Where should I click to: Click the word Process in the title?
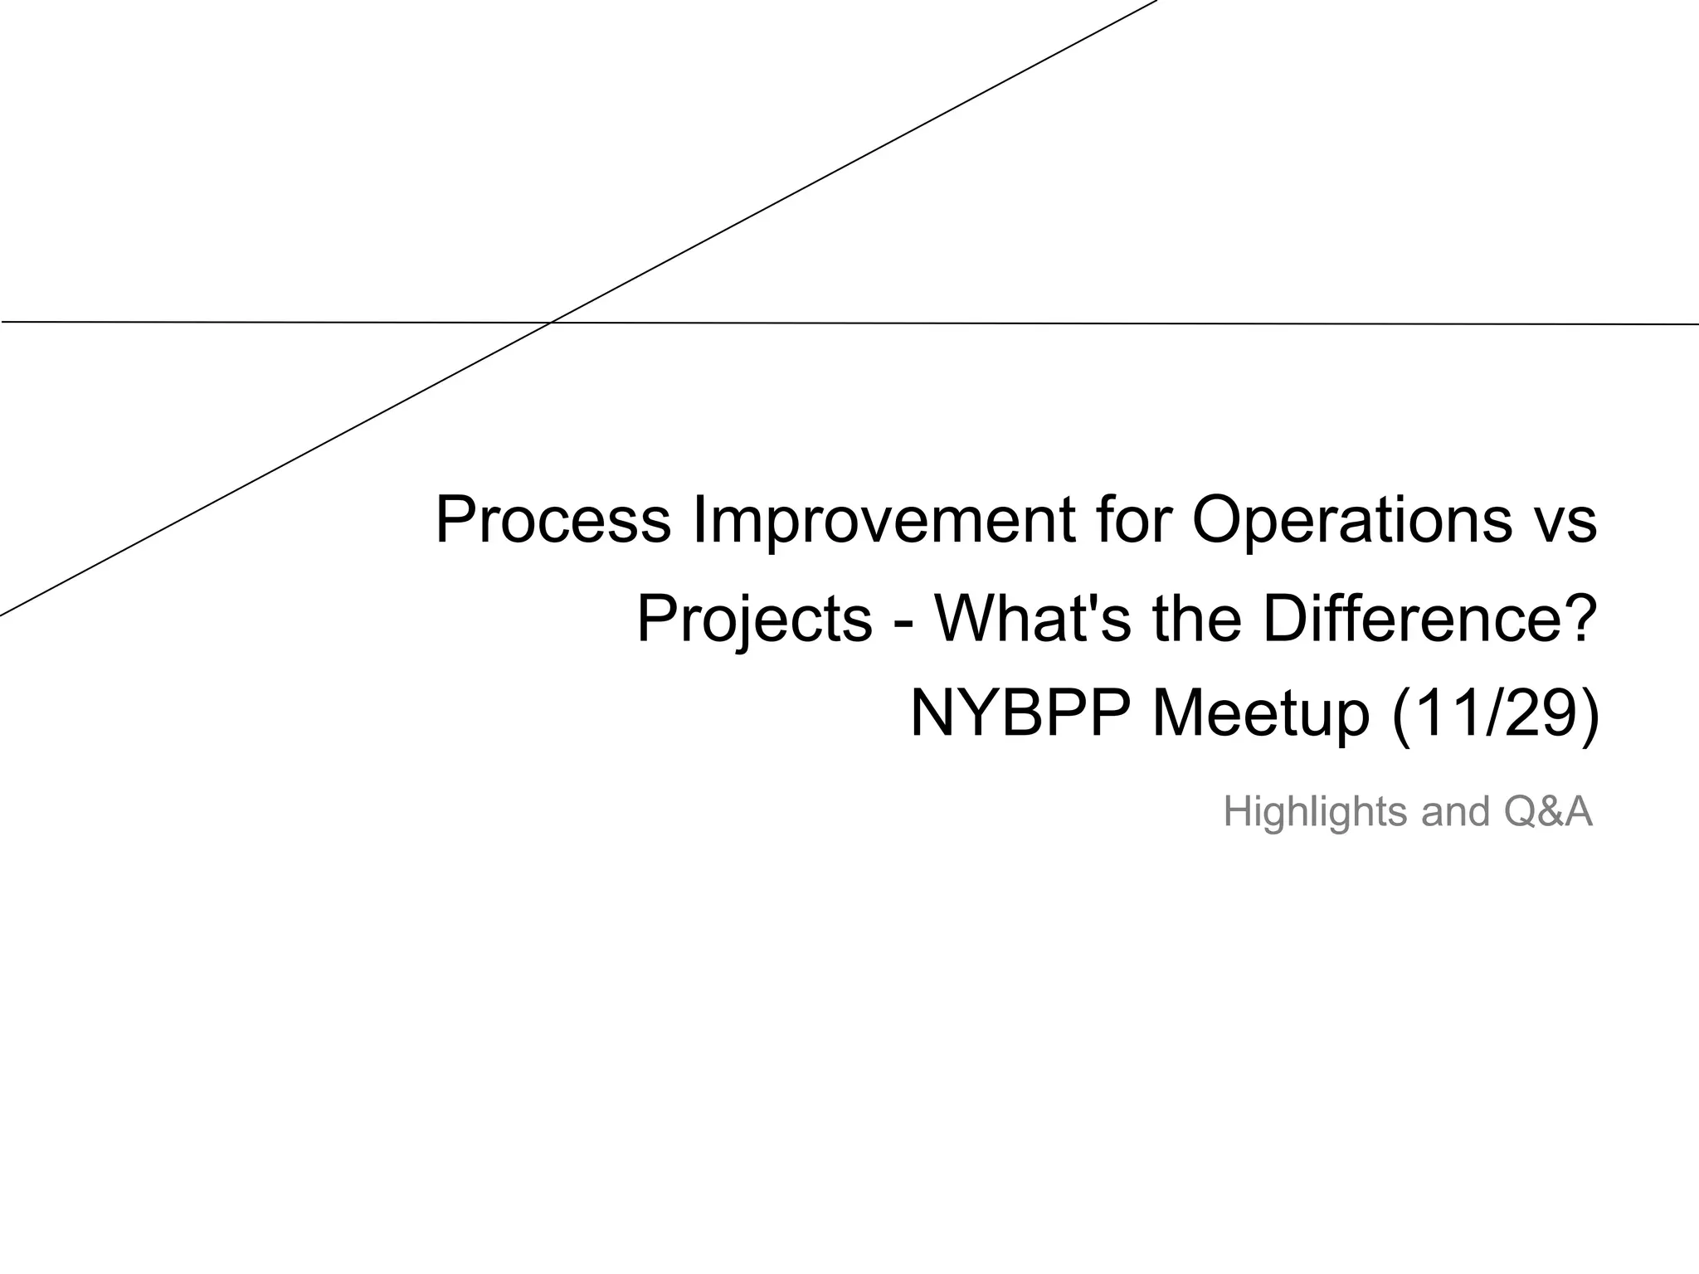(553, 521)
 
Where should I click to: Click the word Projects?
(754, 620)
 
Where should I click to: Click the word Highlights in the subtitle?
(1315, 812)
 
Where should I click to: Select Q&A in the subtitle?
(1548, 812)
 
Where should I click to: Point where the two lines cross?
(551, 322)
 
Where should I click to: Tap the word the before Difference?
(1198, 619)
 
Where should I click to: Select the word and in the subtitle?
(1456, 812)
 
